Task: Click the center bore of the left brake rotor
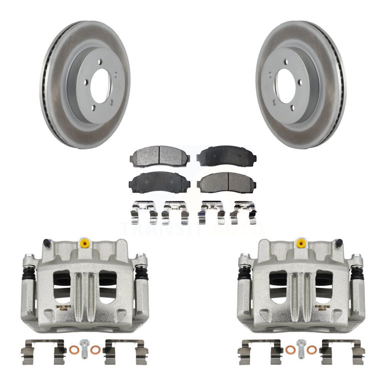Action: click(100, 86)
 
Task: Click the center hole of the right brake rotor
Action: click(286, 86)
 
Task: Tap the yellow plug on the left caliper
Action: click(85, 243)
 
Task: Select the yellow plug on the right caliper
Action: click(301, 243)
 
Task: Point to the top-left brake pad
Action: click(159, 156)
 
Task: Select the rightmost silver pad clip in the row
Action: click(243, 213)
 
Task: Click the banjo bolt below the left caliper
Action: click(85, 349)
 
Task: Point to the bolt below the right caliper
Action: click(301, 349)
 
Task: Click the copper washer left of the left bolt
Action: click(73, 349)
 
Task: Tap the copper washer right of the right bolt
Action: click(312, 349)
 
